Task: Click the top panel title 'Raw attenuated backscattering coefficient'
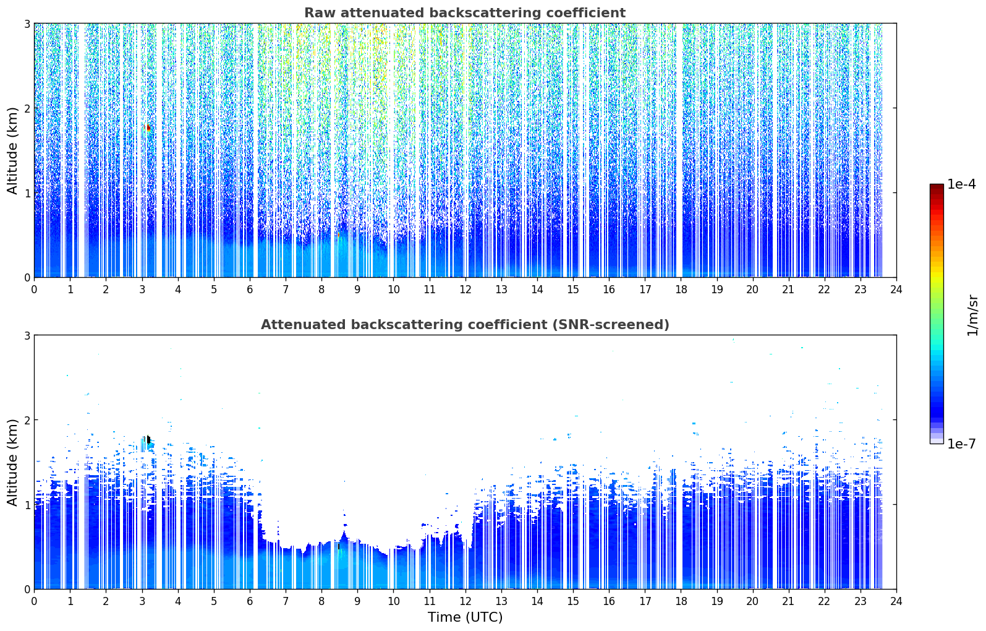tap(465, 13)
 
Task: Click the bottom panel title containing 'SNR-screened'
tap(465, 324)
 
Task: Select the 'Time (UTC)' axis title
tap(465, 617)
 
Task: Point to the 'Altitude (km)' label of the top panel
tap(12, 151)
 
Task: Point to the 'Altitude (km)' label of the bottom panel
tap(12, 462)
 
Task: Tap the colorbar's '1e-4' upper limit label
tap(961, 184)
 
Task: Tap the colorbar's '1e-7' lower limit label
tap(961, 444)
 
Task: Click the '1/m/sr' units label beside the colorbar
tap(972, 316)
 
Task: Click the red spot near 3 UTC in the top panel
tap(148, 128)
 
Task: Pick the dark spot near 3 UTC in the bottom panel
tap(148, 439)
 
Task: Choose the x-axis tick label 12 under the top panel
tap(465, 290)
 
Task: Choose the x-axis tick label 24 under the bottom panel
tap(896, 601)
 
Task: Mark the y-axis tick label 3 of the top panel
tap(27, 24)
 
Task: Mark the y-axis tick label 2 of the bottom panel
tap(27, 420)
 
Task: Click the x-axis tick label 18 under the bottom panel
tap(681, 601)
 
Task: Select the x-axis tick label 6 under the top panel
tap(250, 290)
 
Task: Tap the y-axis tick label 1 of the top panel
tap(27, 193)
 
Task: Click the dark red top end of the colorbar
tap(937, 187)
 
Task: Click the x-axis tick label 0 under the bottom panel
tap(35, 601)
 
